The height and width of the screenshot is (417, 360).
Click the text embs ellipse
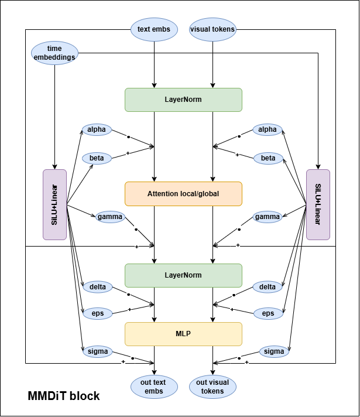154,29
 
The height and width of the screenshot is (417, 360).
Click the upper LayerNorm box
183,100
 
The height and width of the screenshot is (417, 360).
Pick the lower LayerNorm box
183,275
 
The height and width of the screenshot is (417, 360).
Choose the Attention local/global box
183,193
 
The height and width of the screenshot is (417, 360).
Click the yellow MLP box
183,334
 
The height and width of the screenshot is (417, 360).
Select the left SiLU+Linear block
55,204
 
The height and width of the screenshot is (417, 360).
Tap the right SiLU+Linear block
318,204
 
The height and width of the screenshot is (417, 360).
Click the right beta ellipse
268,158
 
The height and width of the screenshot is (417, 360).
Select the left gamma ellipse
110,217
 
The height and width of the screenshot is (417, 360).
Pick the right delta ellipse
268,287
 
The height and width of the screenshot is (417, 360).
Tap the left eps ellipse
97,313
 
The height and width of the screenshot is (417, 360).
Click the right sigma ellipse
274,351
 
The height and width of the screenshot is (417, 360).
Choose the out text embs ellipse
153,387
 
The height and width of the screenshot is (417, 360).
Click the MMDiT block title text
64,396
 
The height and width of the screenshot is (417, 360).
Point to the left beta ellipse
97,158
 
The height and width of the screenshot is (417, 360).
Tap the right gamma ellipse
268,217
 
